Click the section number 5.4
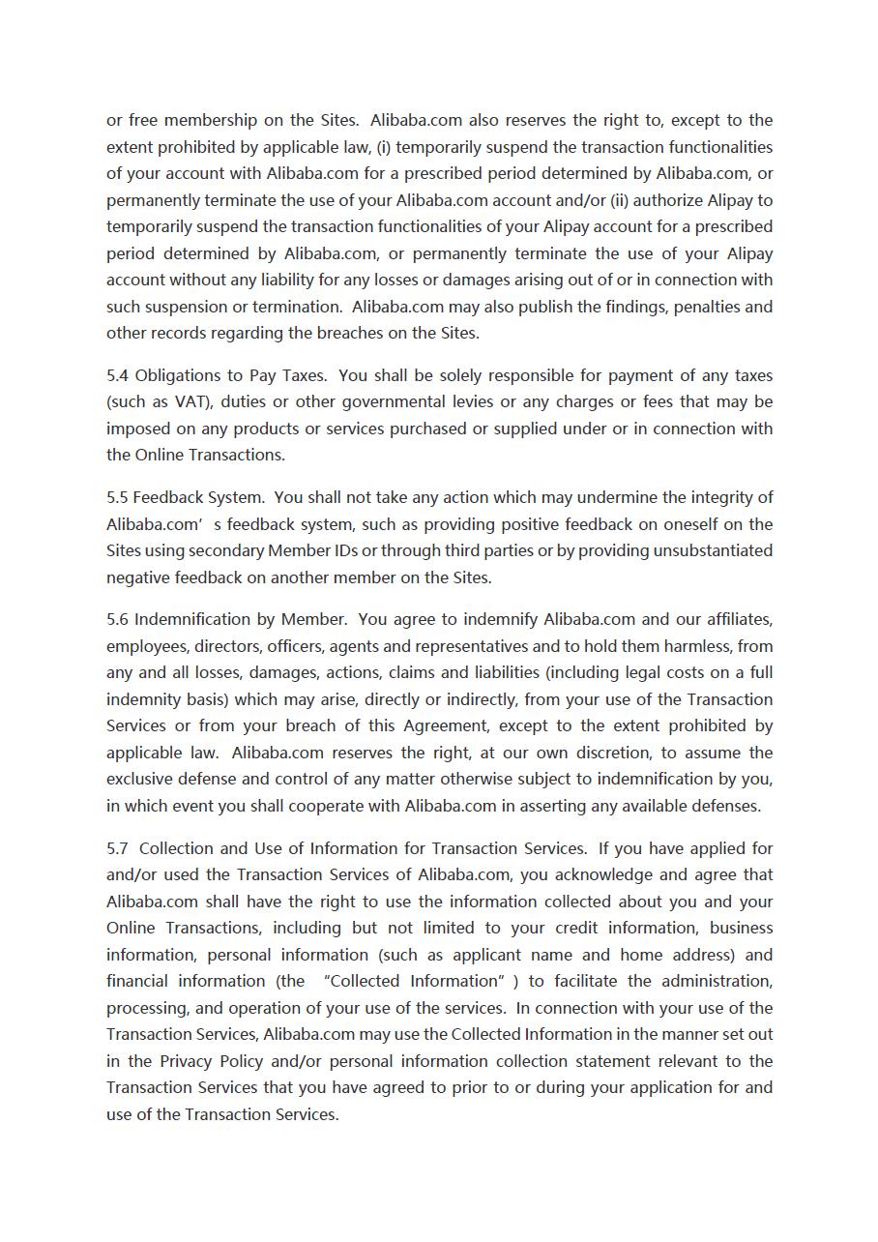tap(117, 375)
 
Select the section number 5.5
tap(117, 497)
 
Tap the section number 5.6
tap(117, 619)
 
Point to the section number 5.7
tap(117, 848)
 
